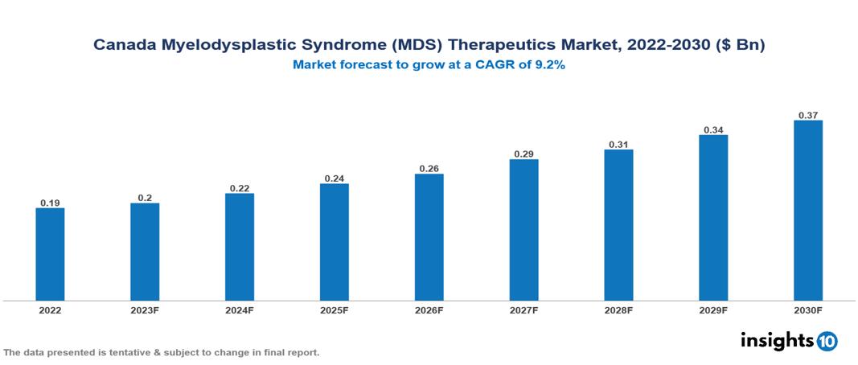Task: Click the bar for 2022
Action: pos(50,254)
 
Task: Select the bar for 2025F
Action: pos(334,242)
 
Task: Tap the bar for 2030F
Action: pos(808,211)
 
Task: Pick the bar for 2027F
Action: pos(523,230)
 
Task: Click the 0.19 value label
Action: pos(50,203)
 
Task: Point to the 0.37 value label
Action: pos(808,115)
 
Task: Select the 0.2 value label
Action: pos(145,197)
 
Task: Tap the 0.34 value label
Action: pos(713,129)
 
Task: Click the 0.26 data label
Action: pos(429,169)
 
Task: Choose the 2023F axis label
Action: pos(145,310)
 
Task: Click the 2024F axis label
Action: pos(240,310)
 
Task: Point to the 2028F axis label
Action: pos(618,310)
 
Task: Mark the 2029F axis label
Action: pos(713,310)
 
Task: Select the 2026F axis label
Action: pos(429,310)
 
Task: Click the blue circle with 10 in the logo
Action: pos(827,341)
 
